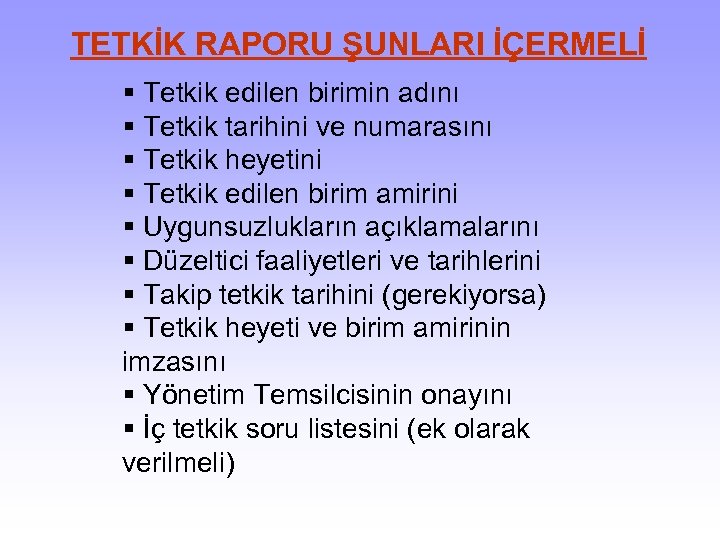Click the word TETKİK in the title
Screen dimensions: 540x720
[128, 45]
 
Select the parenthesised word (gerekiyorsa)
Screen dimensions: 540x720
[472, 296]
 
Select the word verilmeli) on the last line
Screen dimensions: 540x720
[178, 464]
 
